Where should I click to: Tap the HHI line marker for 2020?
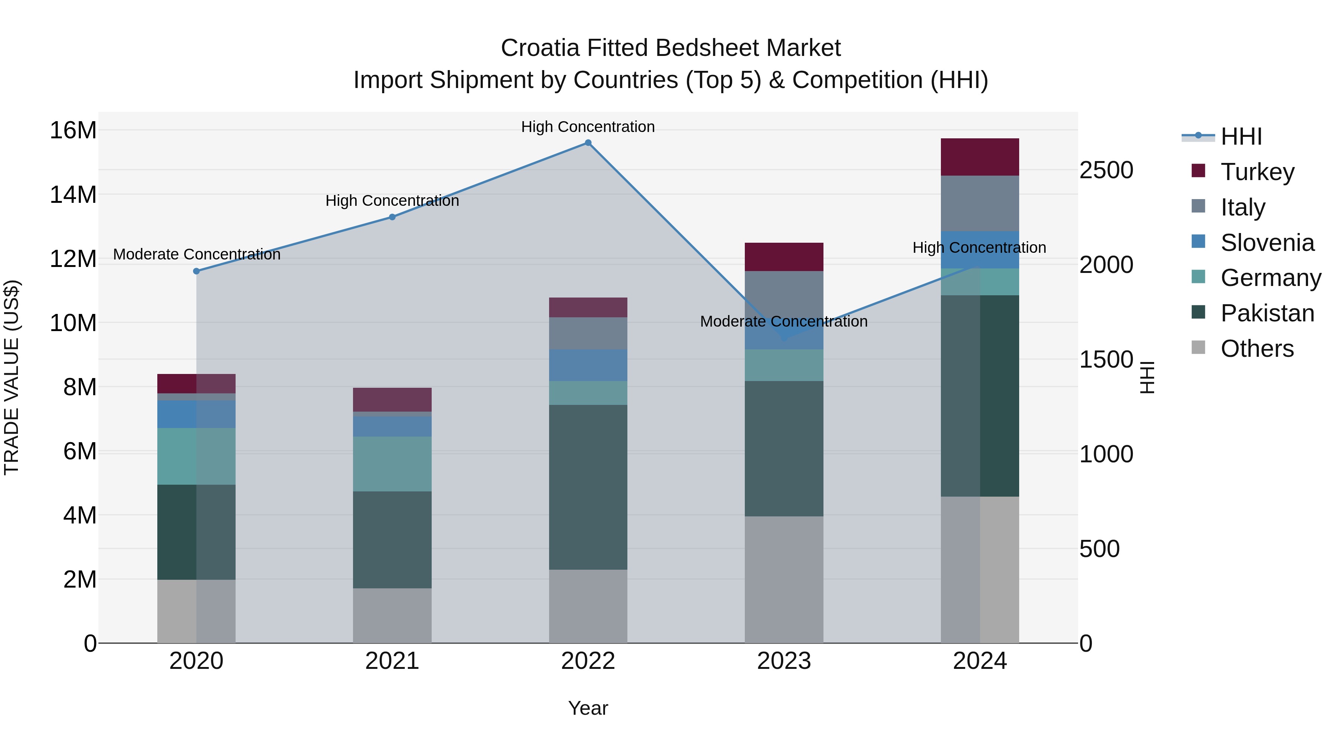(x=196, y=271)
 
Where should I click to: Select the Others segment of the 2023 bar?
(x=784, y=579)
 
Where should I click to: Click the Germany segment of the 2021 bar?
(x=392, y=464)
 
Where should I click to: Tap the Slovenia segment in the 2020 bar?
(x=196, y=414)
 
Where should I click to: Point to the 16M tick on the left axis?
(x=73, y=130)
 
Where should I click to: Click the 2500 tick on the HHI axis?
(x=1106, y=170)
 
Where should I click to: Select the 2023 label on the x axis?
(x=784, y=661)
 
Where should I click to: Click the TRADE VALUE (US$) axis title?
(x=12, y=377)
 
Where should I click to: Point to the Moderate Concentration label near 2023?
(x=784, y=321)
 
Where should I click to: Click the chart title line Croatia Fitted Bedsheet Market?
(x=671, y=48)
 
